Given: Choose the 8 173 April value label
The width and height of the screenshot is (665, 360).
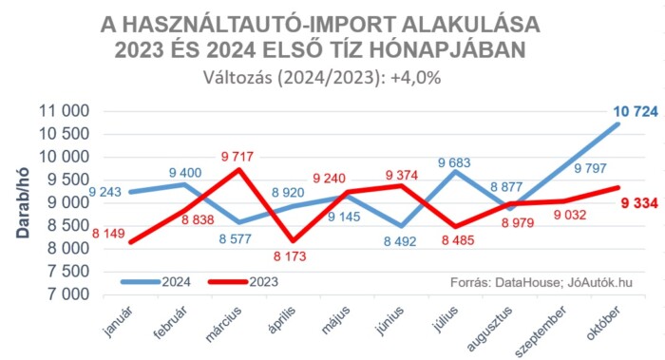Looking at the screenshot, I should coord(292,256).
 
